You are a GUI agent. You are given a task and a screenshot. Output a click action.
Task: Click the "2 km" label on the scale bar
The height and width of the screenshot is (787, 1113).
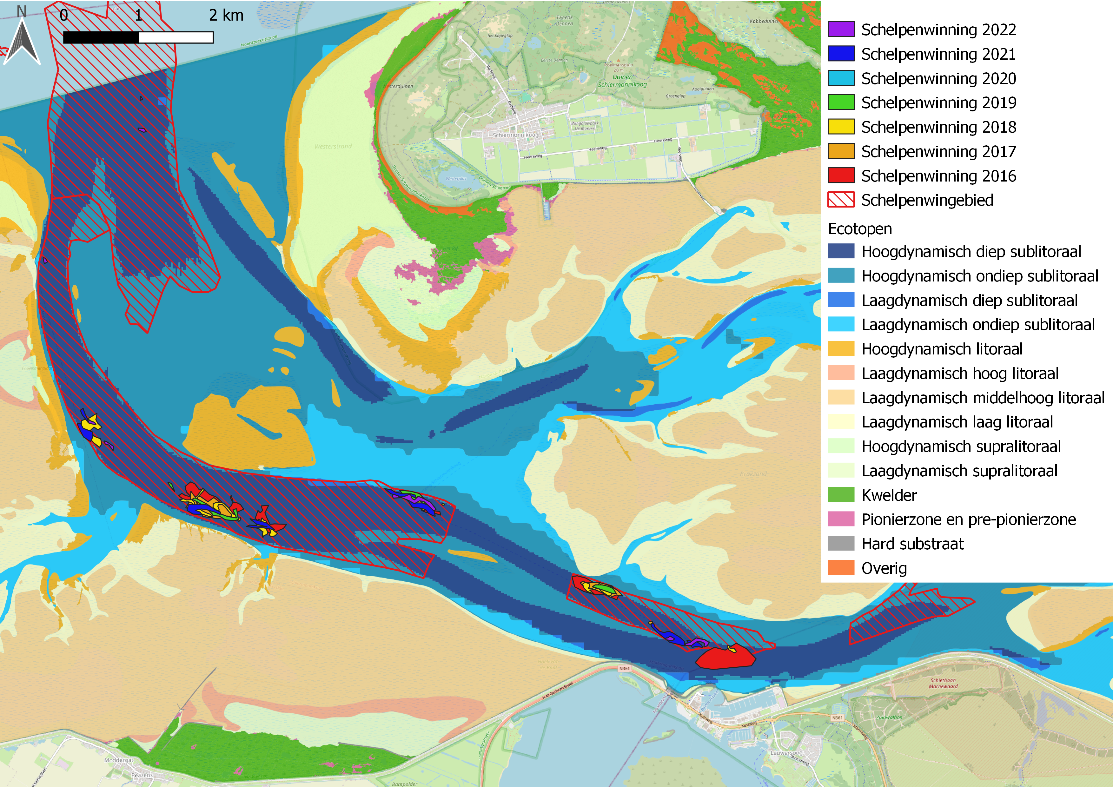pos(226,16)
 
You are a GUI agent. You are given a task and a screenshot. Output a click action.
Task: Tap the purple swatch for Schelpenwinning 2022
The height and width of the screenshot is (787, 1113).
pos(841,30)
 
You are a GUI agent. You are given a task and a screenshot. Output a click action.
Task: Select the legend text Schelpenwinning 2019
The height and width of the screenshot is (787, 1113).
pos(938,103)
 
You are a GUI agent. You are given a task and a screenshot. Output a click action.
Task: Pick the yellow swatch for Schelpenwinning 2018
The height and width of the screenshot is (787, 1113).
pos(841,127)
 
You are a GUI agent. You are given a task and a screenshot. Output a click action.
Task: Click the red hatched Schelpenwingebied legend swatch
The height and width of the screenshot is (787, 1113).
pos(841,200)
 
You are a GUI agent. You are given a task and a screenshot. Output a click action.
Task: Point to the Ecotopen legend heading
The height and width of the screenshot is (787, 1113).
pos(859,229)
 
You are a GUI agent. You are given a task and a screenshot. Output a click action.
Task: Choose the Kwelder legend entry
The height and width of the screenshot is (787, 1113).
pos(889,495)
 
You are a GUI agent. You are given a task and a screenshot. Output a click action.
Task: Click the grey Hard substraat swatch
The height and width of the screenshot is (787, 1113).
pos(841,544)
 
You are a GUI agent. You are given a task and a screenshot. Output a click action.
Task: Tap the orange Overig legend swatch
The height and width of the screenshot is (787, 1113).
pos(841,568)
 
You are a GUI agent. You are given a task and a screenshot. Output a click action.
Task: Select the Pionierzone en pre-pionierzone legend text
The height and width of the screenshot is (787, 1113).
pos(968,519)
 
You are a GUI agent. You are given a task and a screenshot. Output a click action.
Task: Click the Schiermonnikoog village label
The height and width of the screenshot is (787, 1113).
pos(515,135)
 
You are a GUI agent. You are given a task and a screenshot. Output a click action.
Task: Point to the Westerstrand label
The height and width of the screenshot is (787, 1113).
pos(333,146)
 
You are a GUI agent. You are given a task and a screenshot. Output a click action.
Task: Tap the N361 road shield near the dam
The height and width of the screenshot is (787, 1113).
pos(624,669)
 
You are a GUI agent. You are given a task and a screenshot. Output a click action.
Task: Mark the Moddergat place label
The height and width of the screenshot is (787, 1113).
pos(118,760)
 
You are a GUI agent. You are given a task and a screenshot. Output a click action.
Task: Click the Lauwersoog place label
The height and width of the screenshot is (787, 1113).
pos(786,753)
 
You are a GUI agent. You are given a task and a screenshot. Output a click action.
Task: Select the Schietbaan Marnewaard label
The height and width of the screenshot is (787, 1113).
pos(943,683)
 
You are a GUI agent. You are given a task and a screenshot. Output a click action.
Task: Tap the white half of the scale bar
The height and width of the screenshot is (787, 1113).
pos(176,38)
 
